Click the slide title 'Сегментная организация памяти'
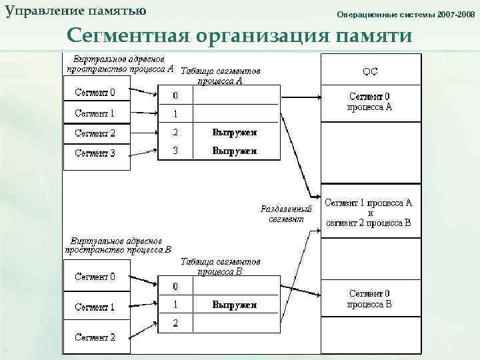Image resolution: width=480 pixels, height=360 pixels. point(239,35)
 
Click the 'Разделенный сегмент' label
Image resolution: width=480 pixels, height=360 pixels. point(286,213)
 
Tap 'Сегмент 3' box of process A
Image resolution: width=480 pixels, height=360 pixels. point(95,153)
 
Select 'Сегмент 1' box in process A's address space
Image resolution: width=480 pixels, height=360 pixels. point(95,113)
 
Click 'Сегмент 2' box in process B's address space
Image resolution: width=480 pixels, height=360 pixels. point(95,337)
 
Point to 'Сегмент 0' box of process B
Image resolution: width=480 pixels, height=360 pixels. point(95,276)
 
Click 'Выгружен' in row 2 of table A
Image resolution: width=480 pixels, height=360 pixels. point(235,133)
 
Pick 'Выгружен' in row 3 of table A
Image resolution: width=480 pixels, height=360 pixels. point(235,151)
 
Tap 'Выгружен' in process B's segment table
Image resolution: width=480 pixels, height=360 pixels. point(235,305)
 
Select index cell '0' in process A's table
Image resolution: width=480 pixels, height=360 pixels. point(175,95)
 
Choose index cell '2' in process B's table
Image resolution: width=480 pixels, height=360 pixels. point(175,323)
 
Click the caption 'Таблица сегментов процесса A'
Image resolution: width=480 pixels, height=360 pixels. point(220,75)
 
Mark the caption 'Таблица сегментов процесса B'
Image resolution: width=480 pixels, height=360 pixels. point(220,267)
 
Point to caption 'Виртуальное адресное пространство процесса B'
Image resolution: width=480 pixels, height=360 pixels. point(118,245)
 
